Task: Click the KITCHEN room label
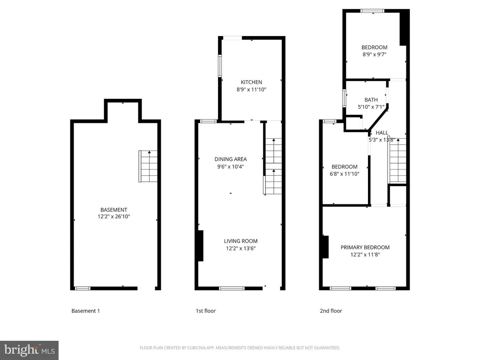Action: [x=251, y=82]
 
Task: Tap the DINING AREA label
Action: [x=231, y=159]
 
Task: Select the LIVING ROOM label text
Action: [x=240, y=241]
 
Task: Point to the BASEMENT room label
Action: [x=114, y=210]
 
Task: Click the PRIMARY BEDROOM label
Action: [x=365, y=247]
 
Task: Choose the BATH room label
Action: [x=371, y=99]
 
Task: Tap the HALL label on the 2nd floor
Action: [x=382, y=133]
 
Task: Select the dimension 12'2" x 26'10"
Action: [x=114, y=217]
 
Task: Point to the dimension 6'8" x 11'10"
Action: [x=345, y=174]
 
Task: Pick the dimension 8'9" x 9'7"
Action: [x=374, y=54]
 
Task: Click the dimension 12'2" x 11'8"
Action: [x=365, y=255]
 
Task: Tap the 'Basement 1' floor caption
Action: [x=86, y=311]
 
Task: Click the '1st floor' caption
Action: [x=206, y=311]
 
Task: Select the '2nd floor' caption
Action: [x=331, y=311]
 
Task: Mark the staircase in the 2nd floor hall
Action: [x=397, y=164]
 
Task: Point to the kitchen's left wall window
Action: [x=219, y=66]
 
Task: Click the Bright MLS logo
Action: [x=29, y=349]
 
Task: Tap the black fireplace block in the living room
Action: [x=201, y=246]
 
